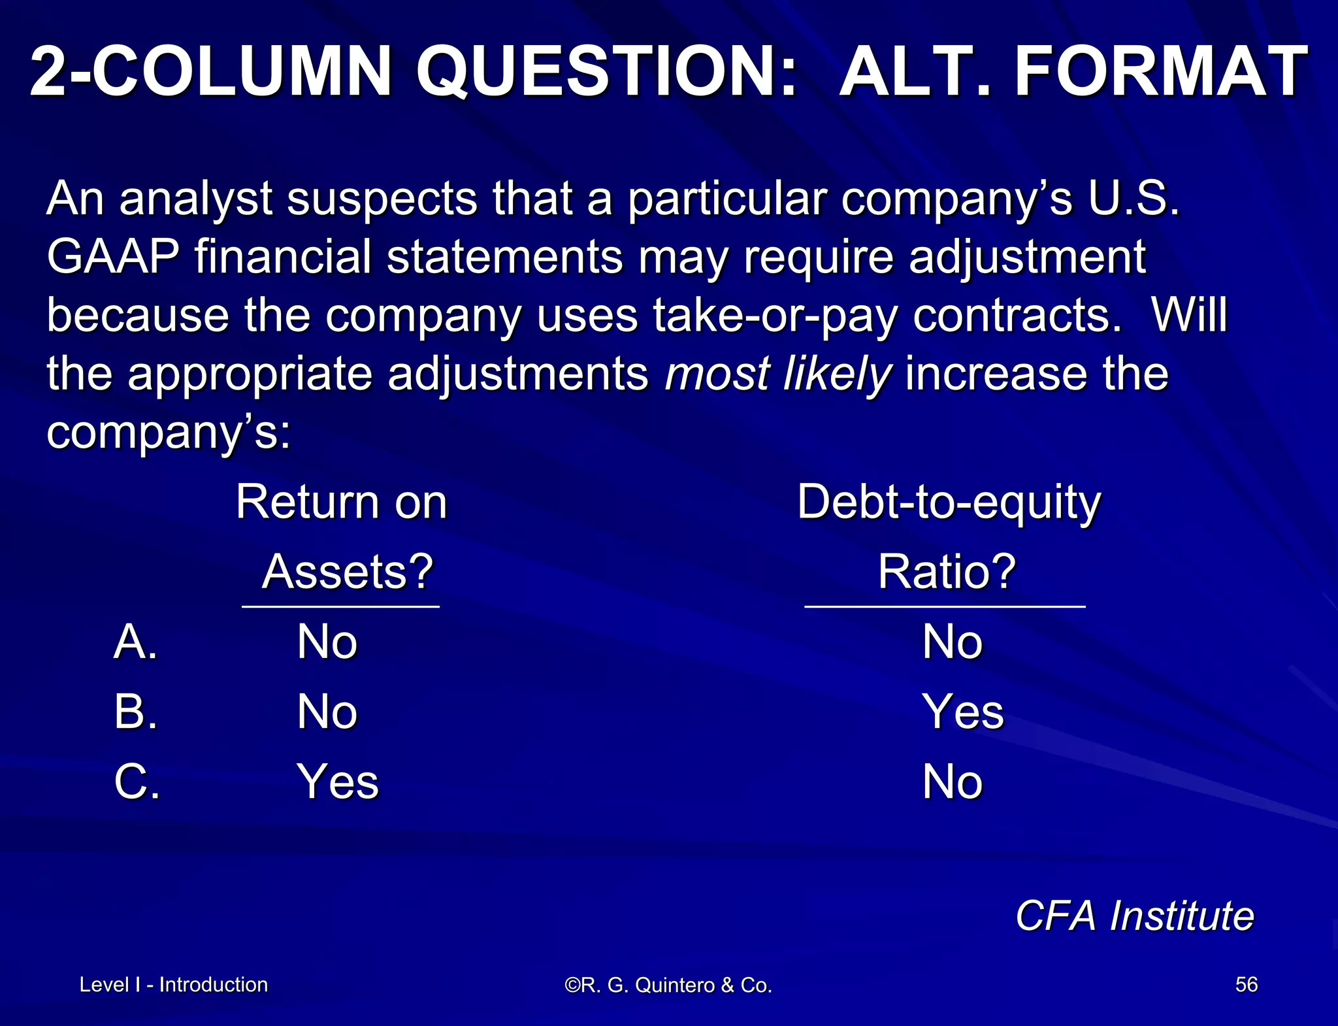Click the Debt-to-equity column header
[x=949, y=503]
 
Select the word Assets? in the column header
[x=348, y=571]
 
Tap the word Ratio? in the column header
[x=947, y=571]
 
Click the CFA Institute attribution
[x=1135, y=915]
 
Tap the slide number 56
[x=1246, y=984]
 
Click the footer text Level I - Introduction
[x=174, y=984]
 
